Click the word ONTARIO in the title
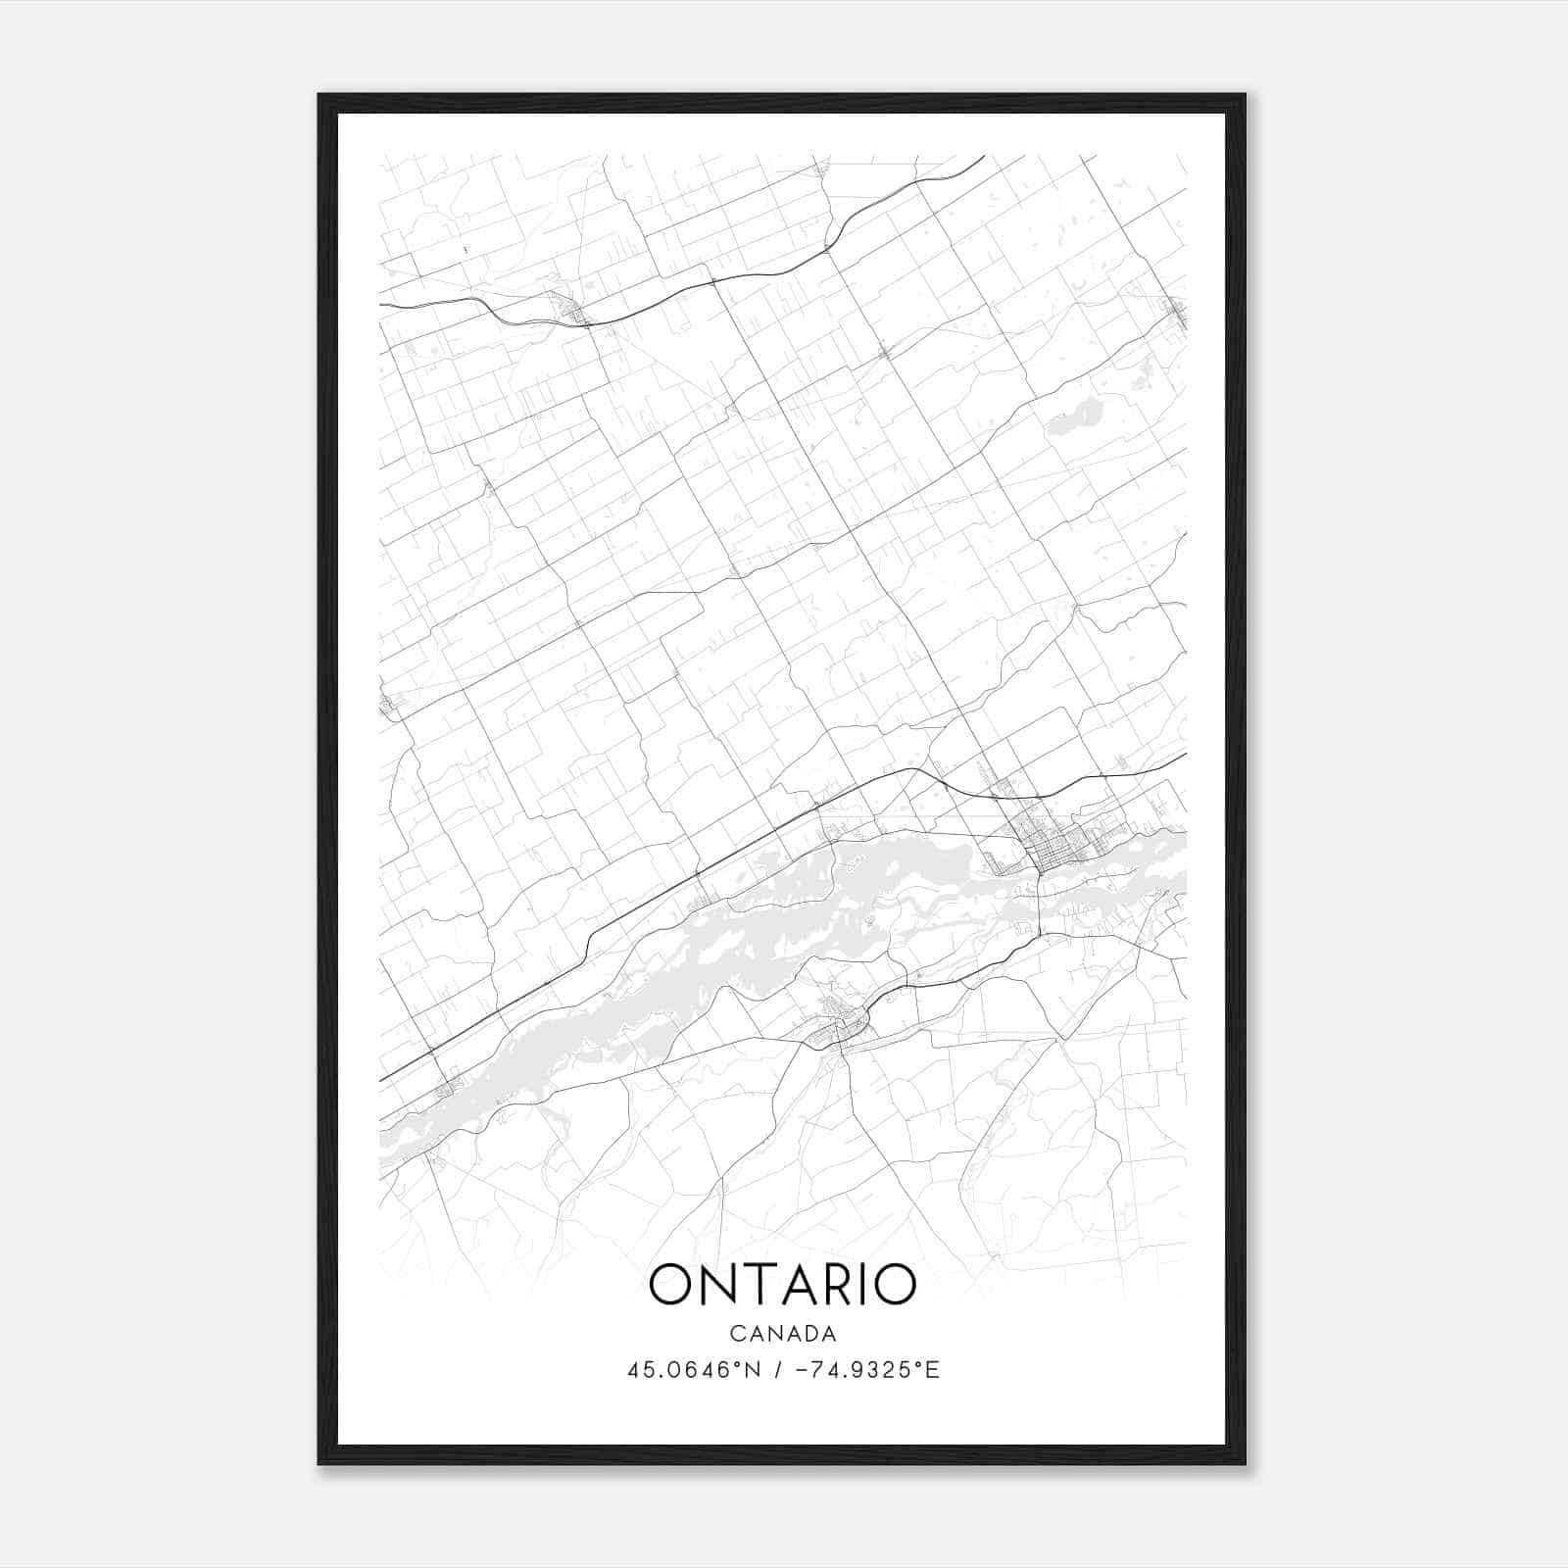(783, 1285)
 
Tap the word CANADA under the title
(783, 1333)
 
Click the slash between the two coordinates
(777, 1370)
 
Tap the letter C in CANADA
(735, 1333)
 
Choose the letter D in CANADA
(809, 1333)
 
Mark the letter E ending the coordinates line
(933, 1370)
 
